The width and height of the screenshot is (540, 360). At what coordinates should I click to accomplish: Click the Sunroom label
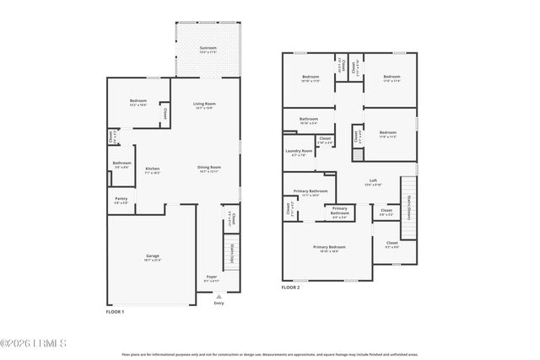click(x=207, y=49)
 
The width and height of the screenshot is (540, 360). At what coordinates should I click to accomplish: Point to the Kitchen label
click(x=153, y=169)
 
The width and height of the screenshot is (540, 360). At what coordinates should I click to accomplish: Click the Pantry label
click(x=121, y=200)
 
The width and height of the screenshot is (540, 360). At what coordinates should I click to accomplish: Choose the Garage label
click(x=153, y=256)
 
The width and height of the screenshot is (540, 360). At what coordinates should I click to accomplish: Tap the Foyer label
click(x=211, y=277)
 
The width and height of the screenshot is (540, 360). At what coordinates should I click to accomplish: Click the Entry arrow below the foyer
click(x=219, y=297)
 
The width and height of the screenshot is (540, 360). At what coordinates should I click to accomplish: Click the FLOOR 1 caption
click(x=115, y=313)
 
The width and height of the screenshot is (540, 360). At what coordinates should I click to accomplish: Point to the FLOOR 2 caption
click(x=291, y=287)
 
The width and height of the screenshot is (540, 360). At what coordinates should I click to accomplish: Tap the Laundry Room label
click(x=300, y=152)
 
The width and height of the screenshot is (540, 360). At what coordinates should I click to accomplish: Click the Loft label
click(x=373, y=181)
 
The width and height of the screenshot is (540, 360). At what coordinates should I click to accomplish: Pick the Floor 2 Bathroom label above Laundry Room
click(x=308, y=120)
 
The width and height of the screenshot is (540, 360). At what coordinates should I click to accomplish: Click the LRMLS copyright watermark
click(x=34, y=343)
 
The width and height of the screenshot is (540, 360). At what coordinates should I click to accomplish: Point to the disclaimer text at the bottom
click(x=270, y=354)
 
